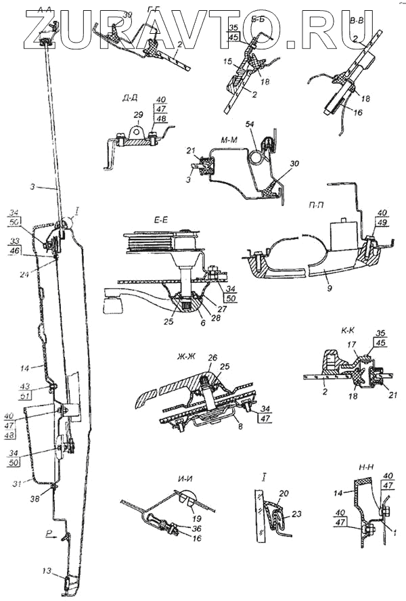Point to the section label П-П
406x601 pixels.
click(313, 202)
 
